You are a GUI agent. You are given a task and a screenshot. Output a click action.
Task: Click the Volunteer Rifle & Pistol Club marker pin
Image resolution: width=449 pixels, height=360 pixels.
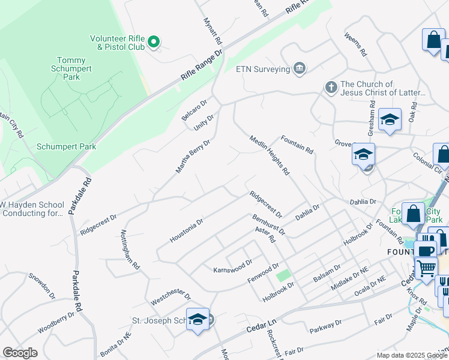pos(154,41)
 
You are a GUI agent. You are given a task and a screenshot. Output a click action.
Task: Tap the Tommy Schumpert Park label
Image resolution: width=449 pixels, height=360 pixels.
pos(76,68)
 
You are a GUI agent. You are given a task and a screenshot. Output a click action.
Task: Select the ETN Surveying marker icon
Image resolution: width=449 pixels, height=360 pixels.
pos(300,69)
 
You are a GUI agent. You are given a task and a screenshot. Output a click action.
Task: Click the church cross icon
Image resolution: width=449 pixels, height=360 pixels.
pos(330,88)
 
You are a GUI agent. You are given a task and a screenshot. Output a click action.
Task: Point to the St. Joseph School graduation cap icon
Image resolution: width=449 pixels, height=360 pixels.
pos(197,319)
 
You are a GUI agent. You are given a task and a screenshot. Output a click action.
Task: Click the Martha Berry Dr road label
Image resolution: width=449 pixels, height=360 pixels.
pos(193,157)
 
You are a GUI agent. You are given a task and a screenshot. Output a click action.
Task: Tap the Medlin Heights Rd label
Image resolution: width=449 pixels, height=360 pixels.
pos(270,155)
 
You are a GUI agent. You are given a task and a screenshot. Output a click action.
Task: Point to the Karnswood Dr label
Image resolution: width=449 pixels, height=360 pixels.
pos(233,266)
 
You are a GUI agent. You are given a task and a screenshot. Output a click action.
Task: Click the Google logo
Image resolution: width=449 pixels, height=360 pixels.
pos(20,353)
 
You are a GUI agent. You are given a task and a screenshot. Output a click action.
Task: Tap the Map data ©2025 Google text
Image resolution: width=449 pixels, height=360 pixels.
pos(411,355)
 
